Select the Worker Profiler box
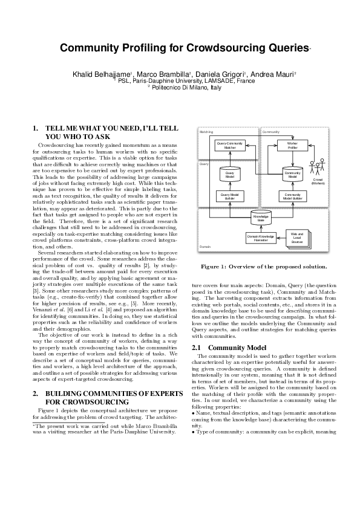point(292,145)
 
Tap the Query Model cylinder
point(230,174)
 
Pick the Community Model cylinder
point(292,174)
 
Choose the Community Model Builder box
point(292,196)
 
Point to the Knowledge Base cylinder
point(261,218)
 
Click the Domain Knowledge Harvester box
point(261,238)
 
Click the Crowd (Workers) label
point(318,181)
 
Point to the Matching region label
point(206,131)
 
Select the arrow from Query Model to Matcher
point(230,158)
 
